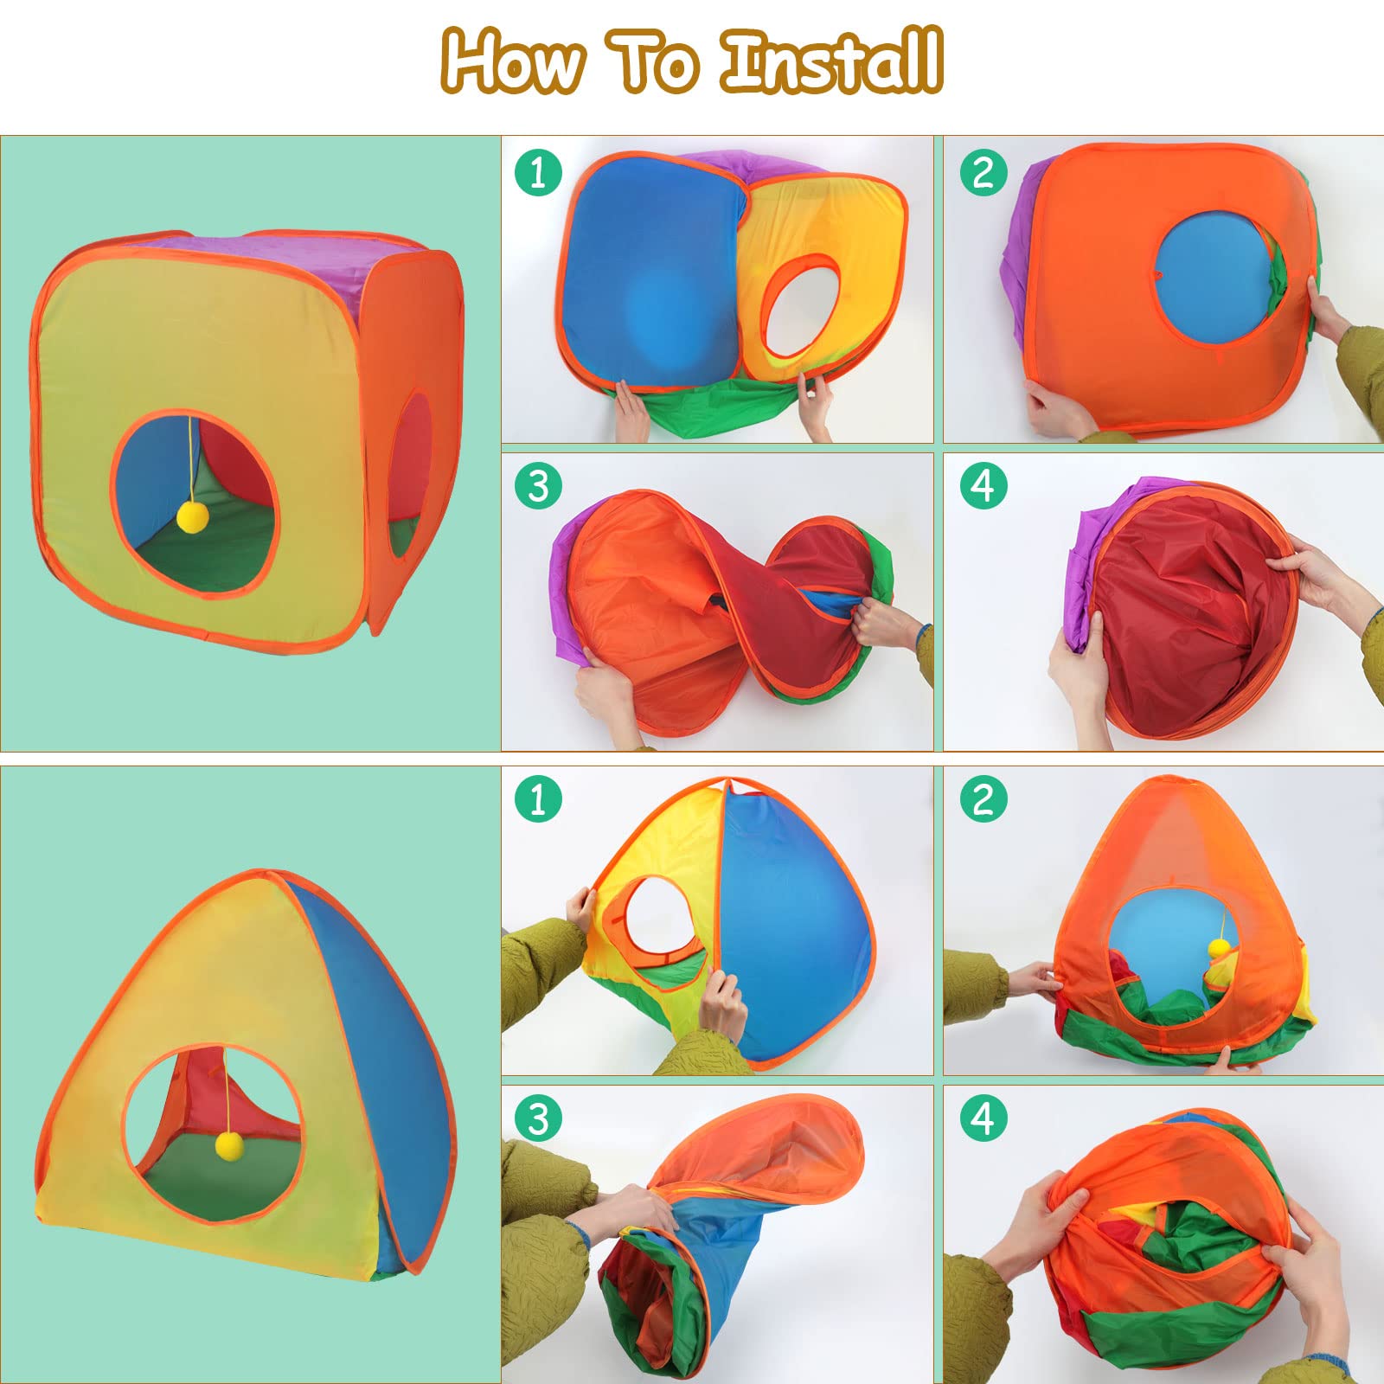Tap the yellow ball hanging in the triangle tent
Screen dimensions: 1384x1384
pos(230,1146)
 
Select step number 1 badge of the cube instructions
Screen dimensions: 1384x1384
pos(538,172)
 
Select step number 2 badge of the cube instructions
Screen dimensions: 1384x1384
pos(984,172)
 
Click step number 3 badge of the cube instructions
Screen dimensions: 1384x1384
pos(538,485)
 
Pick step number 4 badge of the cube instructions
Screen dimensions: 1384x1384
pos(984,485)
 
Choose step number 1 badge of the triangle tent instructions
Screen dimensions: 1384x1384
pos(538,798)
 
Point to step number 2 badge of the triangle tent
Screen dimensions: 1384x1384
pos(984,798)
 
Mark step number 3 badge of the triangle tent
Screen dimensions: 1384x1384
pos(538,1118)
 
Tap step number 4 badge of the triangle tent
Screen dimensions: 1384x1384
pos(984,1118)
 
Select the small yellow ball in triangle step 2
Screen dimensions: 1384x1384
pos(1219,947)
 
